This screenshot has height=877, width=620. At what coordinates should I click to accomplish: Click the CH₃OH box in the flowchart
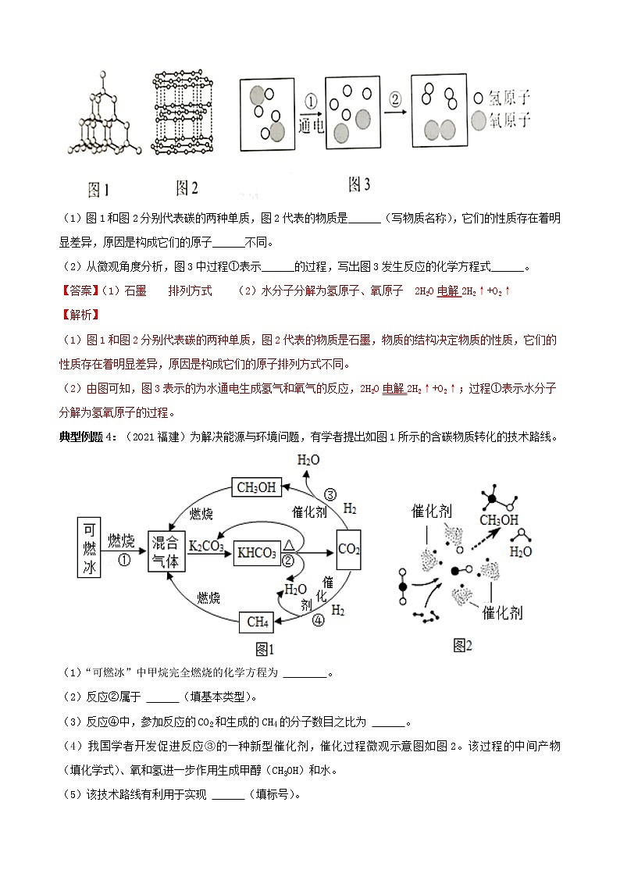[256, 487]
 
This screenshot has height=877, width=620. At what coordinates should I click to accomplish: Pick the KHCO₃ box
[257, 554]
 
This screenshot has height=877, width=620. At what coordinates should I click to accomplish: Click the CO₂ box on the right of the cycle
[348, 550]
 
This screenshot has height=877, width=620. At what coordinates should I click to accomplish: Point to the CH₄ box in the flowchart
[258, 622]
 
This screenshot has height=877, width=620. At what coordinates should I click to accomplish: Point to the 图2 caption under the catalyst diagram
[463, 645]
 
